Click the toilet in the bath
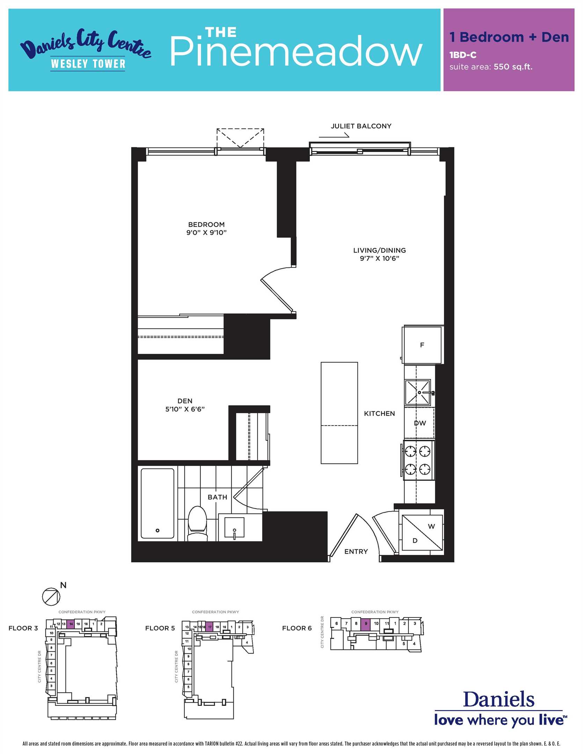(x=198, y=523)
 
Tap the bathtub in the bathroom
(x=158, y=503)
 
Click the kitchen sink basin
(x=418, y=392)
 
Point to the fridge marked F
(x=423, y=345)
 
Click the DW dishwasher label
(x=420, y=423)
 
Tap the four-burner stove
(x=418, y=460)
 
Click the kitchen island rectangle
(x=339, y=413)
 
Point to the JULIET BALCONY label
(x=361, y=126)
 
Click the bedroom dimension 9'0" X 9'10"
(x=206, y=232)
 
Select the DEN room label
(x=185, y=401)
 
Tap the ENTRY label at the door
(x=356, y=552)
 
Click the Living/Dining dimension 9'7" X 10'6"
(x=379, y=258)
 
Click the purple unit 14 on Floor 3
(x=71, y=624)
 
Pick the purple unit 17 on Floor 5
(x=209, y=627)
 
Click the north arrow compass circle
(x=51, y=597)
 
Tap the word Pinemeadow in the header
(x=296, y=51)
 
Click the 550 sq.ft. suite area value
(x=513, y=67)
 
